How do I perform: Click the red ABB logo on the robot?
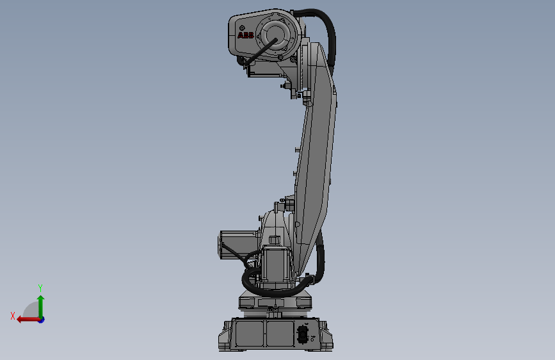click(246, 36)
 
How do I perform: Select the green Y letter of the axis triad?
click(40, 288)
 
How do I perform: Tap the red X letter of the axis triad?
click(13, 316)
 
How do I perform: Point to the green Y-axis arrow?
click(40, 305)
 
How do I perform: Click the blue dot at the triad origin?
click(41, 319)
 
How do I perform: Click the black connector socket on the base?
click(303, 334)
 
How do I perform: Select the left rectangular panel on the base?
click(250, 333)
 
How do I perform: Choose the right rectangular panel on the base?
click(279, 333)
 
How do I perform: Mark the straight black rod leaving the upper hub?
click(259, 52)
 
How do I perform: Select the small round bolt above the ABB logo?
click(243, 26)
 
